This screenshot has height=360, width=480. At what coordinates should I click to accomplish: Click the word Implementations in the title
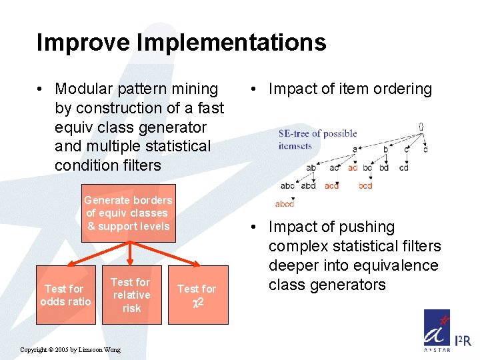pyautogui.click(x=231, y=43)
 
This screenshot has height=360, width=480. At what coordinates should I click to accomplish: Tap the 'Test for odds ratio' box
pyautogui.click(x=65, y=295)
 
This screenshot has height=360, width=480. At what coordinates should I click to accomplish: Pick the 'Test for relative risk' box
pyautogui.click(x=131, y=295)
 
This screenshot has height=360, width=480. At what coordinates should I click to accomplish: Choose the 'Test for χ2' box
pyautogui.click(x=197, y=295)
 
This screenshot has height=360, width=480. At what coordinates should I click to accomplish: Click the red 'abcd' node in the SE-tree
pyautogui.click(x=285, y=204)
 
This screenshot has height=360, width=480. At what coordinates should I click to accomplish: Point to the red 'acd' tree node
pyautogui.click(x=331, y=186)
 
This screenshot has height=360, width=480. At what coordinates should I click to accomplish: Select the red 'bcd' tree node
pyautogui.click(x=365, y=186)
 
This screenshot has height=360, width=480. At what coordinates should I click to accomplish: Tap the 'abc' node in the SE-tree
pyautogui.click(x=287, y=186)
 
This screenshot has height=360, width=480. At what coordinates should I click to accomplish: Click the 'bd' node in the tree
pyautogui.click(x=383, y=167)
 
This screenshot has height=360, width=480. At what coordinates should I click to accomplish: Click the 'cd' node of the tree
pyautogui.click(x=403, y=167)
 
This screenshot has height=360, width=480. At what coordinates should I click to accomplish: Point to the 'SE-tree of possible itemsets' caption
pyautogui.click(x=317, y=139)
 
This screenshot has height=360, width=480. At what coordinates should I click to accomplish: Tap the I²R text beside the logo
pyautogui.click(x=462, y=341)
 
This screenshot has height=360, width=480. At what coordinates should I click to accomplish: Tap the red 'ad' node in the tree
pyautogui.click(x=351, y=167)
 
